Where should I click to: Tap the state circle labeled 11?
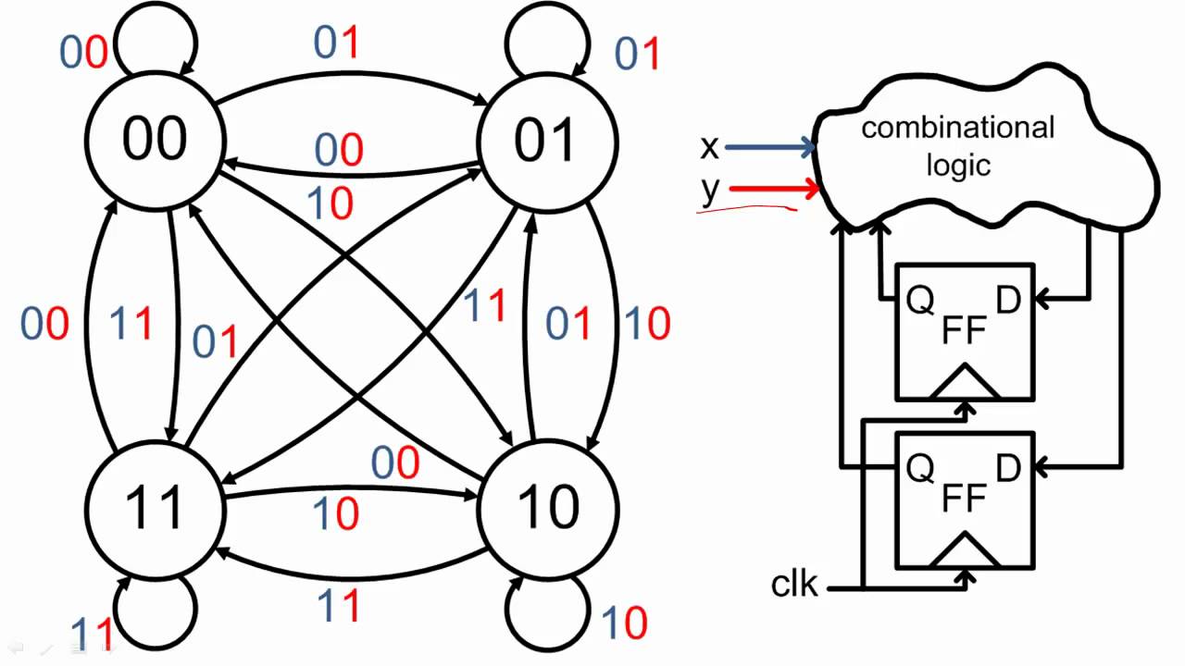pos(155,508)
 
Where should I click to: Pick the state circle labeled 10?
pos(548,508)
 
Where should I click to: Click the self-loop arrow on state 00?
pos(167,37)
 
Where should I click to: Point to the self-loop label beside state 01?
pos(637,55)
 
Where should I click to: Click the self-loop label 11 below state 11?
pos(93,635)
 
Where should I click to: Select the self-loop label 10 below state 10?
pos(624,623)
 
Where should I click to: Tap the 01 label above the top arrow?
pos(336,43)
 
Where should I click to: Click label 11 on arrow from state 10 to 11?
pos(339,606)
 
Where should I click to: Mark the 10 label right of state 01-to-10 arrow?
pos(646,324)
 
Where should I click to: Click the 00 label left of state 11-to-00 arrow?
pos(45,324)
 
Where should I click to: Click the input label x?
pos(710,146)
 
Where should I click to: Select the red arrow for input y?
pos(774,190)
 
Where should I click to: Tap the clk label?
pos(794,585)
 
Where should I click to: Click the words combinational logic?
pos(957,146)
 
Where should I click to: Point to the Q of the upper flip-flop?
pos(918,302)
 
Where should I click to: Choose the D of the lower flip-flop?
pos(1008,467)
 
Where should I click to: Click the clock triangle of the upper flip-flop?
pos(964,382)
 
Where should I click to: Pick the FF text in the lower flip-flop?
pos(964,499)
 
